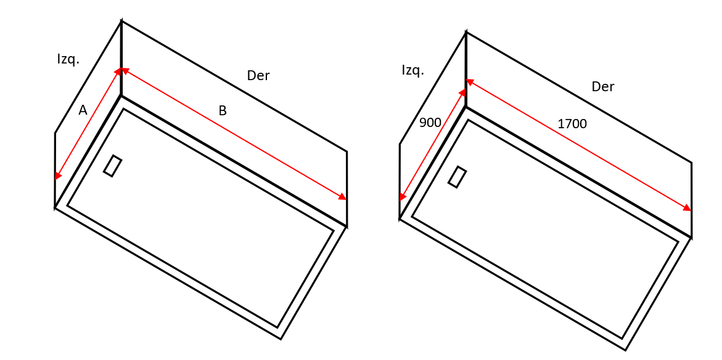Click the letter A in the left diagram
(x=83, y=110)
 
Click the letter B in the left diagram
(x=223, y=111)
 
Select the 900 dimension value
(x=430, y=123)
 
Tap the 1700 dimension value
(x=572, y=124)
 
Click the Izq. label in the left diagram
(x=68, y=59)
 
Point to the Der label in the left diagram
(x=258, y=76)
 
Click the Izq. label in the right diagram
(x=412, y=70)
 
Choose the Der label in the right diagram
(x=602, y=87)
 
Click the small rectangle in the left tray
(x=112, y=166)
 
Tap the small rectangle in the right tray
(x=457, y=177)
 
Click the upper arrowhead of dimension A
(x=118, y=72)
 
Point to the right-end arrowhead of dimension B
(x=343, y=197)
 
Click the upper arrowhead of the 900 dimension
(x=463, y=92)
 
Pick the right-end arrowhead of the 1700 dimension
(x=687, y=208)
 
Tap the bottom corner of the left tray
(x=281, y=338)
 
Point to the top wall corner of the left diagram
(x=121, y=21)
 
